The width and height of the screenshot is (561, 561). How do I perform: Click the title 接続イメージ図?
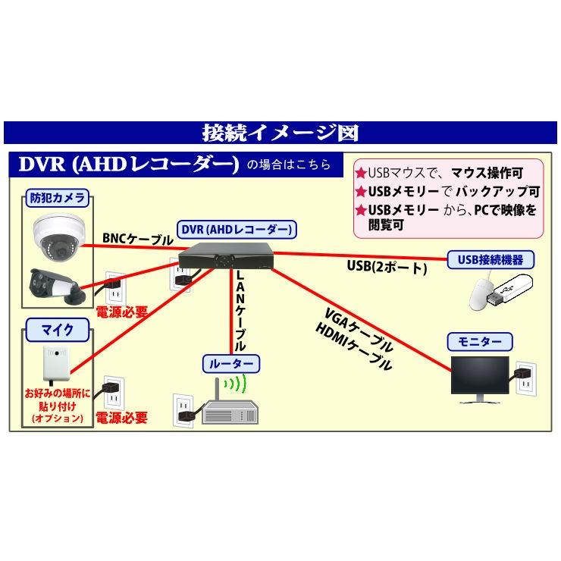[280, 133]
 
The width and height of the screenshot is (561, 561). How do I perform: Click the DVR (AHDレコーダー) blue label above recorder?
[237, 228]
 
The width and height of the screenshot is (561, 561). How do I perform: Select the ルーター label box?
[231, 363]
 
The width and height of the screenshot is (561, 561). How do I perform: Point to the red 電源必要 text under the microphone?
[121, 418]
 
